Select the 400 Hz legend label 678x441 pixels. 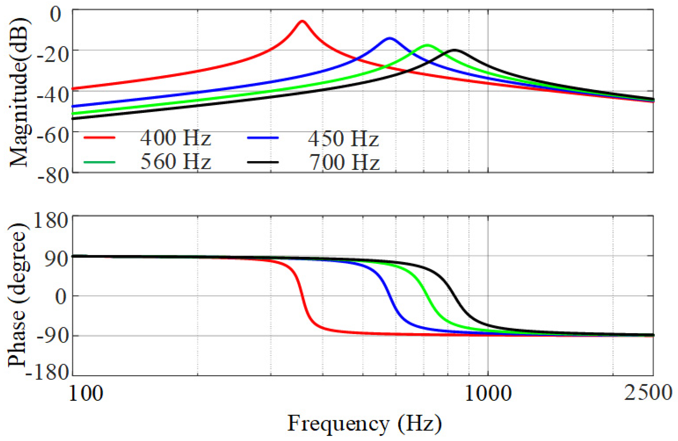(175, 139)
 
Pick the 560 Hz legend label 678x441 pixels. (175, 162)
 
